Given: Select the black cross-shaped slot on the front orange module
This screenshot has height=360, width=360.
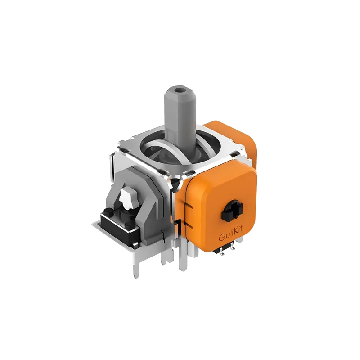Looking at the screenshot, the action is (x=232, y=211).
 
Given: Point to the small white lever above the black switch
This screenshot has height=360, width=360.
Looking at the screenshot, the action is (x=127, y=198).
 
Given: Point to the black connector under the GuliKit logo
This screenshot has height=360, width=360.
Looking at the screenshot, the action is (x=224, y=251).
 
